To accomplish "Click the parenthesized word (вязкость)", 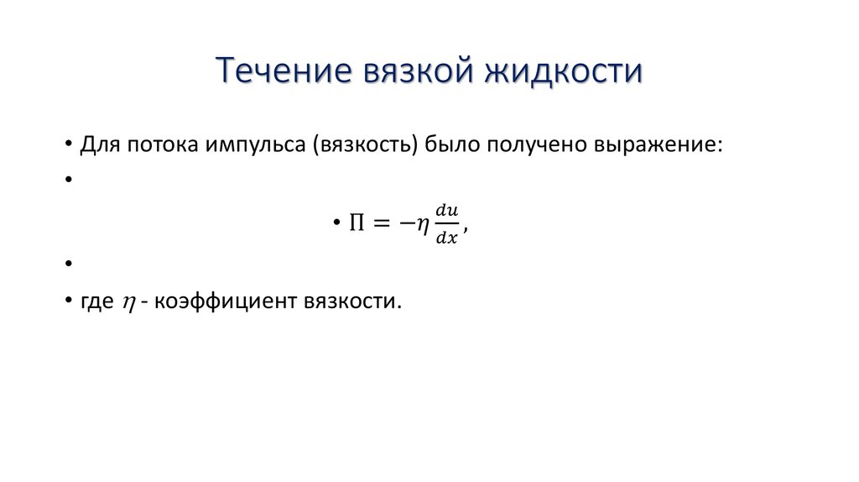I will click(365, 144).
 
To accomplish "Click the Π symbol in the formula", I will click(354, 223).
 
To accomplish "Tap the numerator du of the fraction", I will click(449, 211).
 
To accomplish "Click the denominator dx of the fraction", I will click(449, 237).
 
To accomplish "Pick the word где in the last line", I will click(96, 301).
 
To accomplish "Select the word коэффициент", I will click(212, 301).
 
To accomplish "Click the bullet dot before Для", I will click(67, 144).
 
